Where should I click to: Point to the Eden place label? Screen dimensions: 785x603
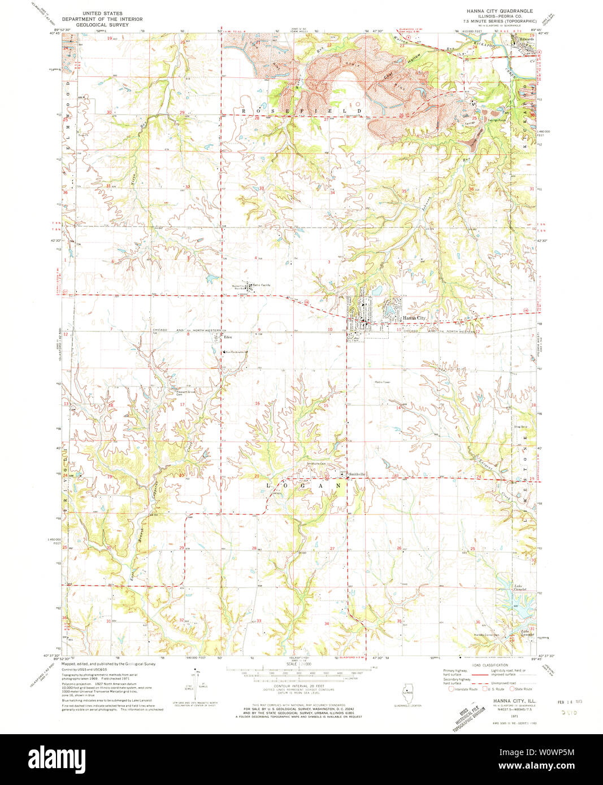228,338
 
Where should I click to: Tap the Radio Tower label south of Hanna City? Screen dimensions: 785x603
383,382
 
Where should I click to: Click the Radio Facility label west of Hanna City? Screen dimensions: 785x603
262,285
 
